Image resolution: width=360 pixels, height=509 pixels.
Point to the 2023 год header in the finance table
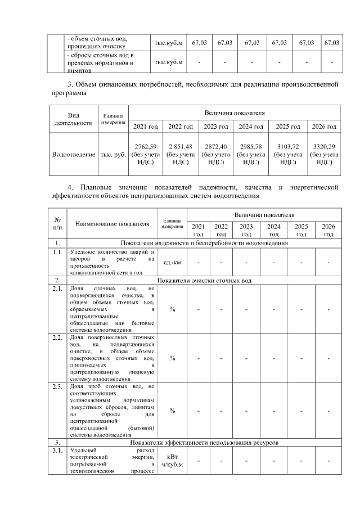pyautogui.click(x=215, y=127)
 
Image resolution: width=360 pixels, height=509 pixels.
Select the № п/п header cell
pyautogui.click(x=57, y=223)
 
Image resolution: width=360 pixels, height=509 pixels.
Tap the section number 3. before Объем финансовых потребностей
pyautogui.click(x=70, y=85)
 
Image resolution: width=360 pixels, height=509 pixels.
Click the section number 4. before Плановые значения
pyautogui.click(x=70, y=187)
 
